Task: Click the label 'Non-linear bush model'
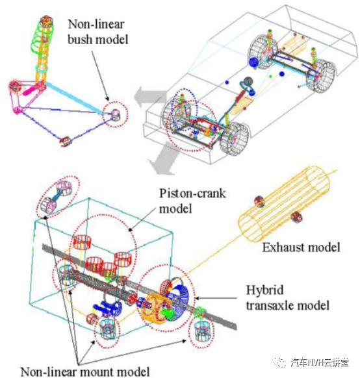[97, 32]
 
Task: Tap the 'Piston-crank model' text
[192, 201]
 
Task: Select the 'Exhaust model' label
[301, 247]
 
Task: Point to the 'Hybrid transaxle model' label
[287, 297]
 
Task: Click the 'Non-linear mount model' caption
[85, 372]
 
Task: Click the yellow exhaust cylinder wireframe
[285, 205]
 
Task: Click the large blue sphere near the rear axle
[253, 62]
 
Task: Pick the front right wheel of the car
[234, 138]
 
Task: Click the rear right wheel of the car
[321, 75]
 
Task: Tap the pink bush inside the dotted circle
[116, 115]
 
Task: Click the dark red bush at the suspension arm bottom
[66, 142]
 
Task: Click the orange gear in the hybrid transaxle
[153, 309]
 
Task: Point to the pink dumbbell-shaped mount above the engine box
[58, 197]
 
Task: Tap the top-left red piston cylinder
[82, 242]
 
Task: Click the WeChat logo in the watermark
[279, 362]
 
